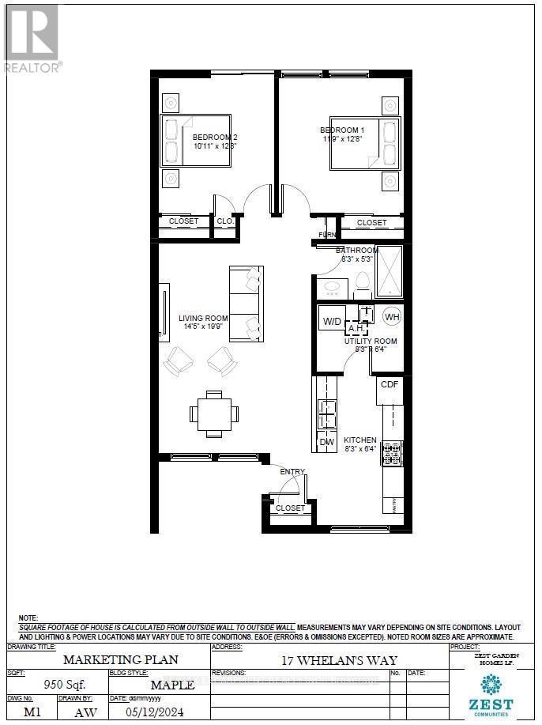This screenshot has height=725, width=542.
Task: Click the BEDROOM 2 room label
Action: [x=215, y=137]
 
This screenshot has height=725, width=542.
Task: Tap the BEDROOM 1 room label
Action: [x=342, y=130]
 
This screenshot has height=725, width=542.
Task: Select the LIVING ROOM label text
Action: [x=203, y=319]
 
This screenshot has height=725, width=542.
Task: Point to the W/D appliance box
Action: [x=332, y=322]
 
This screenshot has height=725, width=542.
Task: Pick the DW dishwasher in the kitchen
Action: [x=326, y=442]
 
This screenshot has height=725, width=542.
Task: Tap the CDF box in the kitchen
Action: [x=390, y=385]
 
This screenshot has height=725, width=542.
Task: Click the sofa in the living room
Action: [x=245, y=304]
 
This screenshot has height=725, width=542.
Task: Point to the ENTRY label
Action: [x=292, y=472]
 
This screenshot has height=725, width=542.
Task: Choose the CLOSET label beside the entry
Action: [x=291, y=508]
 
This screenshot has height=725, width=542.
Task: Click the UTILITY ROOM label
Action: [x=371, y=341]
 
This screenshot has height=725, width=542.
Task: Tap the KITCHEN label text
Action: [x=359, y=440]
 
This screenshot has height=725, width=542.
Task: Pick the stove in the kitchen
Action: [x=392, y=454]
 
